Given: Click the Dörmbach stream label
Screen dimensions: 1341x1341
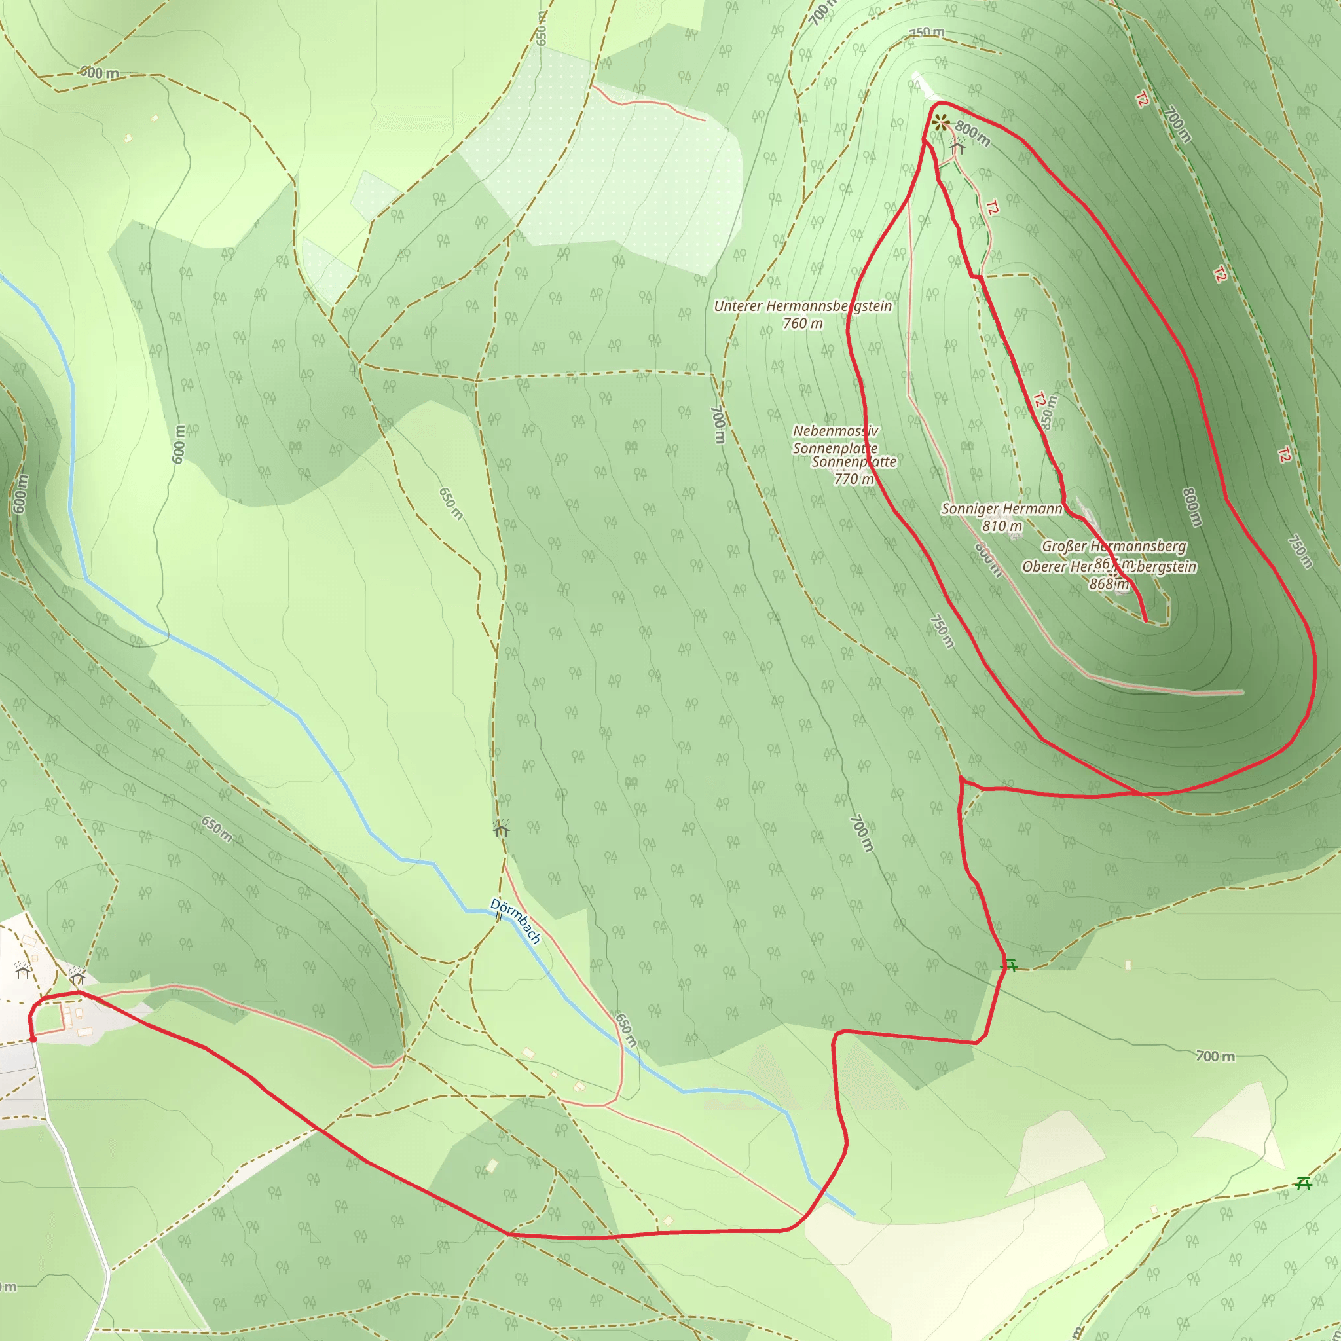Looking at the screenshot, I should click(x=515, y=921).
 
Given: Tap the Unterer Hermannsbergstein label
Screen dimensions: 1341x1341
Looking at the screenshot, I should click(x=803, y=306).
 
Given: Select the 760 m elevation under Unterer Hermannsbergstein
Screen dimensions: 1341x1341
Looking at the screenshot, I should click(x=803, y=323).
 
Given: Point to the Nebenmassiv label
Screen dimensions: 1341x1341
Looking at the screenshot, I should click(x=836, y=431).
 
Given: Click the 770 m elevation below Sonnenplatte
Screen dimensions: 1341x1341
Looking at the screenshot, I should click(x=854, y=479).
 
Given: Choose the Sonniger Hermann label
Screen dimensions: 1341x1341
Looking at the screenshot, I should click(x=1002, y=509).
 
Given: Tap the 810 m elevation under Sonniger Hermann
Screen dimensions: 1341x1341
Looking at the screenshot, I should click(x=1002, y=526).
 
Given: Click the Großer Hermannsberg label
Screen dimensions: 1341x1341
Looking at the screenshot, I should click(x=1114, y=546).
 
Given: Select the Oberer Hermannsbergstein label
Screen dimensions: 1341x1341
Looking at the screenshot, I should click(x=1109, y=566).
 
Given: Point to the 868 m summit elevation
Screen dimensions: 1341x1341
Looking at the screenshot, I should click(x=1109, y=583).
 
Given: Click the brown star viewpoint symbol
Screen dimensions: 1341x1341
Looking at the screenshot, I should click(x=941, y=124).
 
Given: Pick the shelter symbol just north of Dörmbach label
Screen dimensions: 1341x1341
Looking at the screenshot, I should click(x=501, y=829).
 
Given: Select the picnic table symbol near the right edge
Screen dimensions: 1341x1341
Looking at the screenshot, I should click(x=1304, y=1183).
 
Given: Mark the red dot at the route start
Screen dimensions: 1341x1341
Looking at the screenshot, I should click(x=33, y=1039).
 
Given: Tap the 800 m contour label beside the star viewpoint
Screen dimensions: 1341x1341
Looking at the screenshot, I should click(x=972, y=134).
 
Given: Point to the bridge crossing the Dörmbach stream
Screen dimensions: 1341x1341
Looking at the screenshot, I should click(x=498, y=917).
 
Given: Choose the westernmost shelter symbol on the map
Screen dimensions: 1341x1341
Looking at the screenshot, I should click(x=23, y=970).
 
